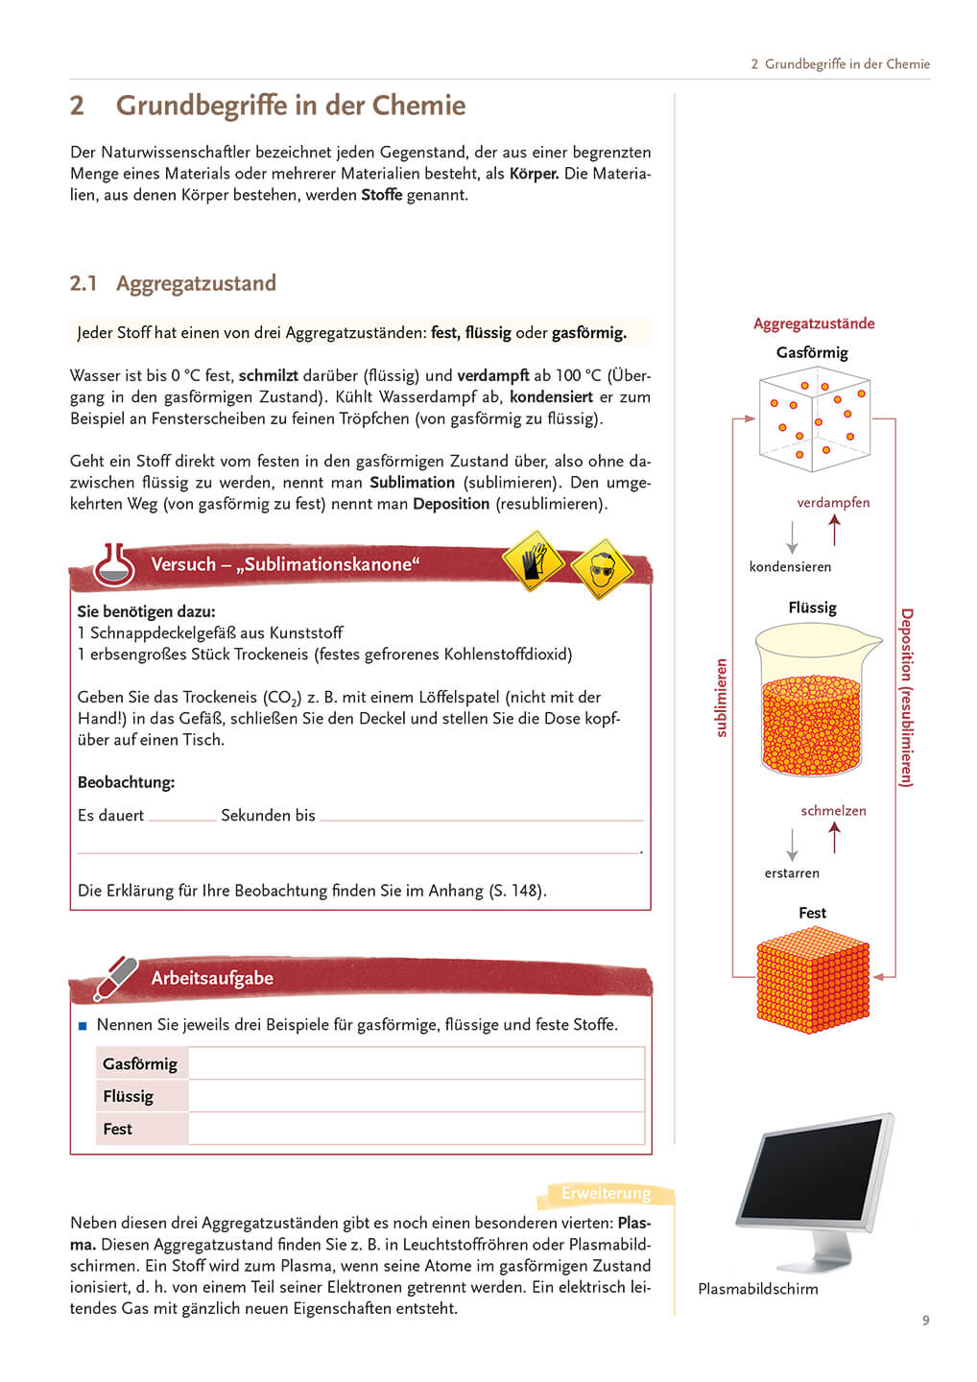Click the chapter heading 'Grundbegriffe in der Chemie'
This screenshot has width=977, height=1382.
click(290, 106)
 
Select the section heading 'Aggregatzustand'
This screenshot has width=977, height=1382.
click(196, 283)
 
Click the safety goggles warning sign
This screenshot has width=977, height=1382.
click(601, 569)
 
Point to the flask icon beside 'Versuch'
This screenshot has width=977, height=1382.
click(114, 565)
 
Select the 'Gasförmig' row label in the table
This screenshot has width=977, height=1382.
click(140, 1063)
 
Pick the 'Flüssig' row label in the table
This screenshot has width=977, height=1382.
click(129, 1096)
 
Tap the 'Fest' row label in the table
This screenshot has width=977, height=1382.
click(118, 1129)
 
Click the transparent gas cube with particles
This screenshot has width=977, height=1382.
click(813, 422)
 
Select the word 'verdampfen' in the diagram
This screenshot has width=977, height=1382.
click(833, 502)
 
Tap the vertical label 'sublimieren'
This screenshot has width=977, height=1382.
click(722, 698)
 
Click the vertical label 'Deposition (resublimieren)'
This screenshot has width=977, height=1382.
click(906, 698)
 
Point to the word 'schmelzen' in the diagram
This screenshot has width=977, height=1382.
click(833, 810)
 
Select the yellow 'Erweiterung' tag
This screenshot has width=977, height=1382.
click(606, 1193)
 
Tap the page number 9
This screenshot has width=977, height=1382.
click(925, 1321)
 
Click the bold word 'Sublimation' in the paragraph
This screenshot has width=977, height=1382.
click(412, 483)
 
